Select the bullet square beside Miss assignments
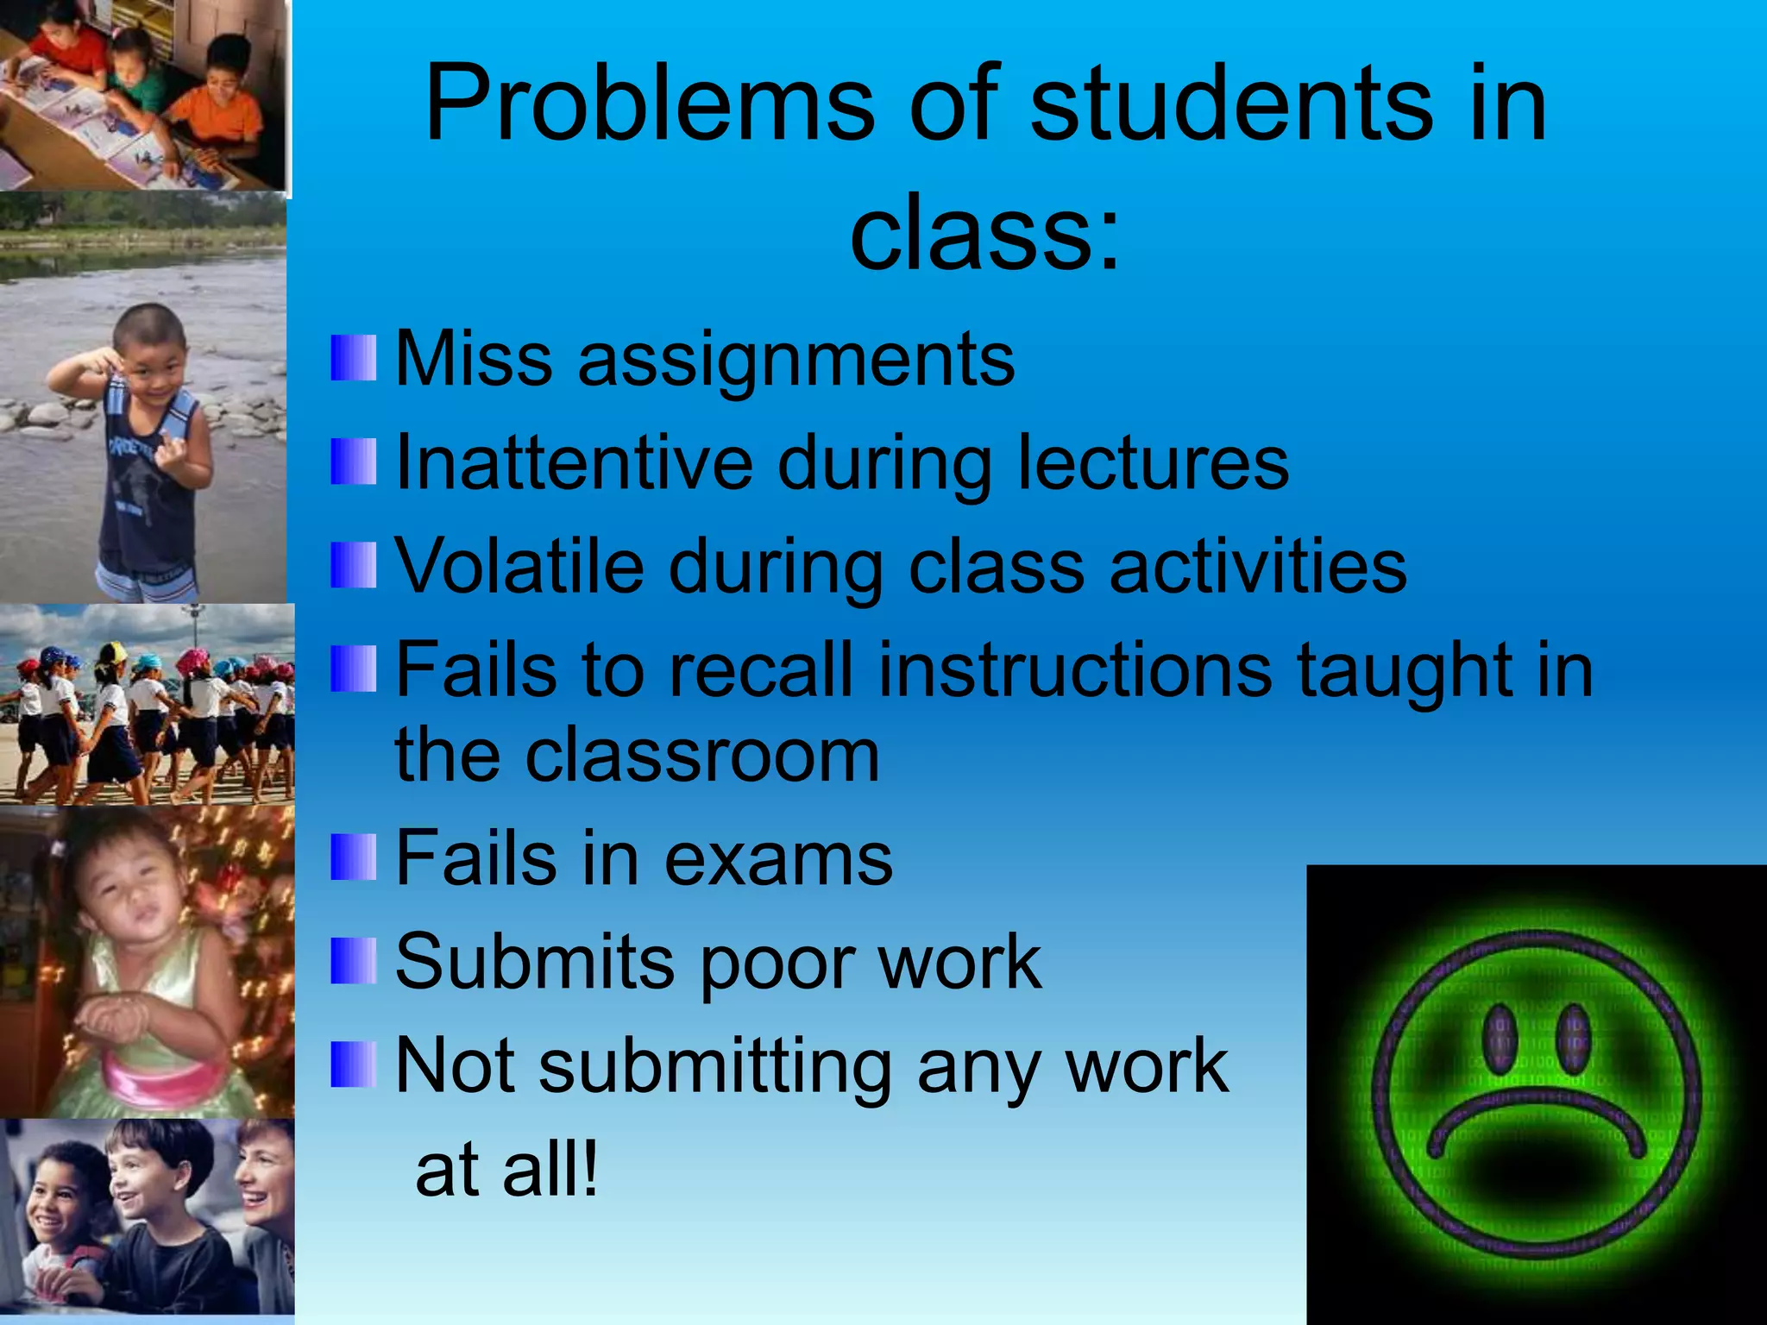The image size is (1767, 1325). tap(354, 358)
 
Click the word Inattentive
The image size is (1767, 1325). tap(574, 463)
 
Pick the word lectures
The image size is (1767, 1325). tap(1153, 463)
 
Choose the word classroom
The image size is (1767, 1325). tap(703, 756)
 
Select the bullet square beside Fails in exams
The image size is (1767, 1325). tap(354, 857)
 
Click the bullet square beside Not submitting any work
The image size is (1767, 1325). tap(354, 1064)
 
